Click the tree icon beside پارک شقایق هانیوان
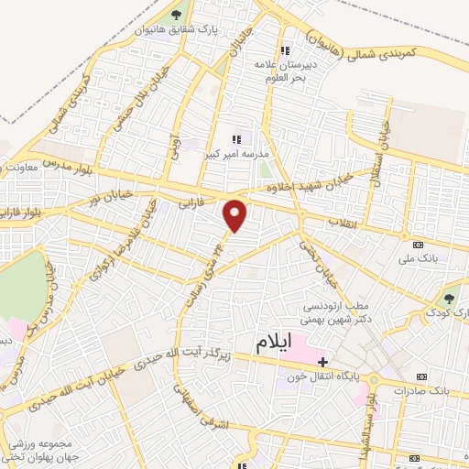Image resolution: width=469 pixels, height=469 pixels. click(174, 16)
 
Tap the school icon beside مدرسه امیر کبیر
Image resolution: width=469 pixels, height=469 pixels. click(236, 139)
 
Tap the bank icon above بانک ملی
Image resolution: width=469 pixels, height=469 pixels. click(418, 245)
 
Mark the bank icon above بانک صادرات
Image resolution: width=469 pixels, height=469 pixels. click(420, 376)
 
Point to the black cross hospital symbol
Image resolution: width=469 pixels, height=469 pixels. click(322, 362)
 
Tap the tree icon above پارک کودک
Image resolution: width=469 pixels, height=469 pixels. click(450, 297)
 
